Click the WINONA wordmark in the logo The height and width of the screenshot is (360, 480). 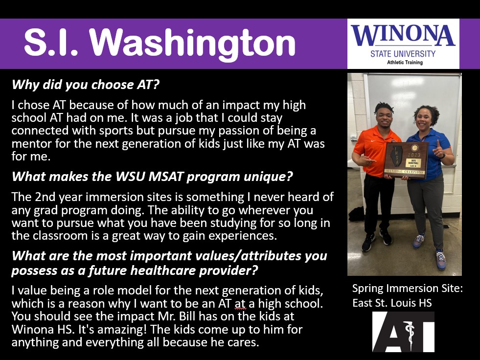403,35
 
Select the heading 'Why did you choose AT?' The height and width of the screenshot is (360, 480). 86,85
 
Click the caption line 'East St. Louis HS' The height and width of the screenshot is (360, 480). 392,303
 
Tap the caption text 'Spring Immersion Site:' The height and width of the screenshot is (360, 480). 408,289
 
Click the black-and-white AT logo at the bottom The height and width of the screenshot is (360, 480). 403,332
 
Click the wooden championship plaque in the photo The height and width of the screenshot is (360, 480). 406,159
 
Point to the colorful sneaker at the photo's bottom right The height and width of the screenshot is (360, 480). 441,260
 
